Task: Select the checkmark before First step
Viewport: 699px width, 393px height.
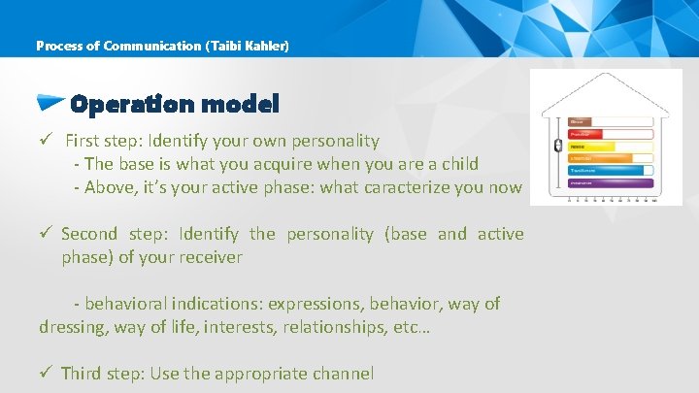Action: pyautogui.click(x=46, y=142)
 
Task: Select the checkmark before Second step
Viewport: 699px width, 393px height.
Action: pyautogui.click(x=46, y=234)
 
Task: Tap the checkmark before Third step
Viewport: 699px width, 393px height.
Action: pyautogui.click(x=46, y=374)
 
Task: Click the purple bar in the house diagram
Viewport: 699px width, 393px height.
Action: pyautogui.click(x=607, y=181)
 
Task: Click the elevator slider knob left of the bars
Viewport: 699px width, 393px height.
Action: pyautogui.click(x=557, y=147)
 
